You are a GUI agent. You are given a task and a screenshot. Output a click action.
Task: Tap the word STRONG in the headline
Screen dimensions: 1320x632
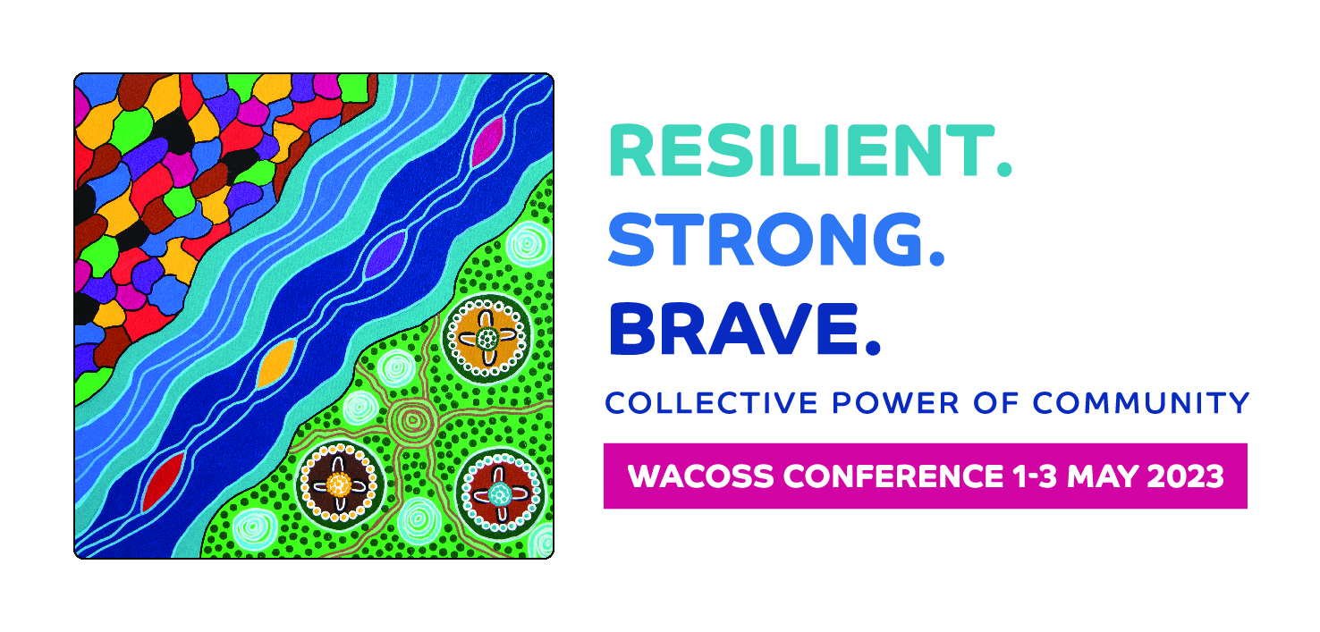point(765,240)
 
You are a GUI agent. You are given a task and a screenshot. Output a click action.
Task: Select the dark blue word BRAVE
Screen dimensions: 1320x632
point(734,329)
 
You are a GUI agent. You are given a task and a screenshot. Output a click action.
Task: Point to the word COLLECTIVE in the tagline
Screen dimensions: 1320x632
point(711,403)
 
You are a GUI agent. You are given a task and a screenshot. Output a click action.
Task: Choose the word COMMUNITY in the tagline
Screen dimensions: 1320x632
point(1141,403)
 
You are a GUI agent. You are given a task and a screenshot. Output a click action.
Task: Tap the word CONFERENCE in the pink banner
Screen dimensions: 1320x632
point(893,476)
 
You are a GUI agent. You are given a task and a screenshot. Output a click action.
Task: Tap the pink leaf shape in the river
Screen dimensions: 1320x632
point(488,141)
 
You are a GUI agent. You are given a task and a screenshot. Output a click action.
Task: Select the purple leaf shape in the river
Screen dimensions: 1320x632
point(386,255)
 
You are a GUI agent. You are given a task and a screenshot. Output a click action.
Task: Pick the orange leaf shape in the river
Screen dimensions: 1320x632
point(276,364)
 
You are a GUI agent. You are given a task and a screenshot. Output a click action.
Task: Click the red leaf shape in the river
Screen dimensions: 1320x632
point(164,481)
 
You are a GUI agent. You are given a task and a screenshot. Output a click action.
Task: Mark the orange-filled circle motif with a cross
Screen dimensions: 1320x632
point(487,338)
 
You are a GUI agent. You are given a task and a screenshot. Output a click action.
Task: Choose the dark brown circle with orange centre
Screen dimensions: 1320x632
point(339,485)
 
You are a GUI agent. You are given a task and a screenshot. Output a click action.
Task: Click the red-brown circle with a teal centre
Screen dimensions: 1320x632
point(500,493)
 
